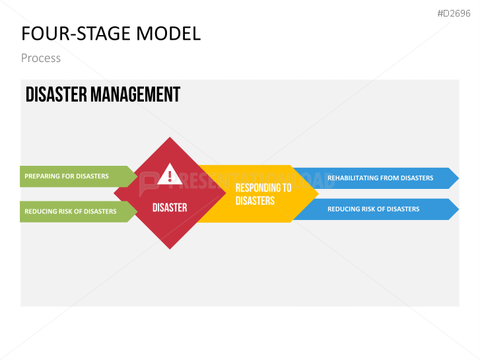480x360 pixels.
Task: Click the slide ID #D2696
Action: point(454,13)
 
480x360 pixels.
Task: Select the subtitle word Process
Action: point(41,58)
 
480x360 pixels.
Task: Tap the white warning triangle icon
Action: point(170,174)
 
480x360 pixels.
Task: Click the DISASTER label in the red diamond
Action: point(170,207)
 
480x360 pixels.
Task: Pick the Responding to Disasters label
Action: point(263,194)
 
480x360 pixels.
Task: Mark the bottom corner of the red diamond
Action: point(170,248)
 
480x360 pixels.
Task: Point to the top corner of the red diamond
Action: point(170,138)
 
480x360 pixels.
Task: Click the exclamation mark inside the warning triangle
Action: point(170,176)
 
